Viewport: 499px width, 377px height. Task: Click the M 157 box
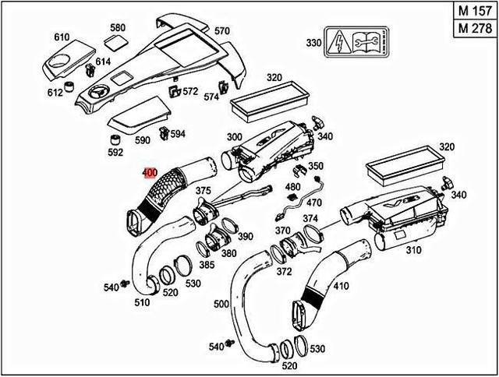click(474, 12)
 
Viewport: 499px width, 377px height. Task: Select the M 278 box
click(474, 29)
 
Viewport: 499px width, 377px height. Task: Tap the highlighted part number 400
click(150, 173)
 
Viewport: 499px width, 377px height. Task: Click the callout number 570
click(222, 30)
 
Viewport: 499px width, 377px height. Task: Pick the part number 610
click(62, 37)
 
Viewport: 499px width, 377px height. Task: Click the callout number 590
click(142, 140)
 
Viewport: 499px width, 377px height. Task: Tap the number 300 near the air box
click(234, 136)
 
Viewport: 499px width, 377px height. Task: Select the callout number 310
click(413, 251)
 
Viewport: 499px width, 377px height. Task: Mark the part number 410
click(341, 285)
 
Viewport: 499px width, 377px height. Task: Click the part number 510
click(143, 302)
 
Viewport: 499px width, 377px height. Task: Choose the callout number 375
click(203, 191)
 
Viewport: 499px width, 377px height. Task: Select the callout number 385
click(207, 265)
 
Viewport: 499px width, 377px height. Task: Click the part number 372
click(284, 270)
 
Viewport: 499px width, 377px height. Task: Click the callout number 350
click(315, 166)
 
